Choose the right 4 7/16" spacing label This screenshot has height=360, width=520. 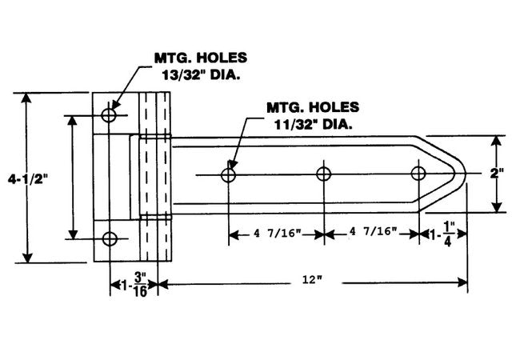coord(372,233)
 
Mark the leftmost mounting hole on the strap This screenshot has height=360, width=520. coord(230,174)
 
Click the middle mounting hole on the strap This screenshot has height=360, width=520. coord(324,174)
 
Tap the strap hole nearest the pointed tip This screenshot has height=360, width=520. coord(418,174)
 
